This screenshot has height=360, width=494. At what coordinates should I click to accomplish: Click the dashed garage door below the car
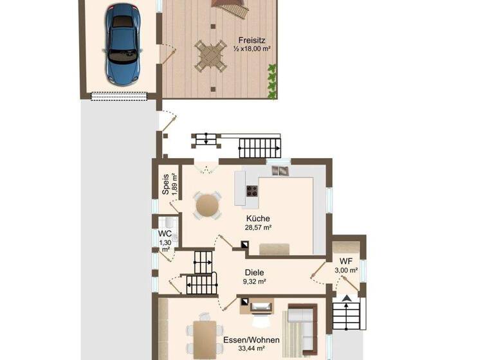[x=119, y=96]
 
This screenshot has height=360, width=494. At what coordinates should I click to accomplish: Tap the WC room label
[x=165, y=233]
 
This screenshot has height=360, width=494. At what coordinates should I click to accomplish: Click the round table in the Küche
[x=207, y=205]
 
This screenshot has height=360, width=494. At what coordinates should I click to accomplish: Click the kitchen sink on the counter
[x=280, y=170]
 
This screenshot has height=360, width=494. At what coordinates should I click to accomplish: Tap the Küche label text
[x=257, y=219]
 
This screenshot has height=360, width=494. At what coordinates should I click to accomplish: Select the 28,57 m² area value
[x=257, y=228]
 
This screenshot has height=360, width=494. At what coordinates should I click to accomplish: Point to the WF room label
[x=346, y=260]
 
